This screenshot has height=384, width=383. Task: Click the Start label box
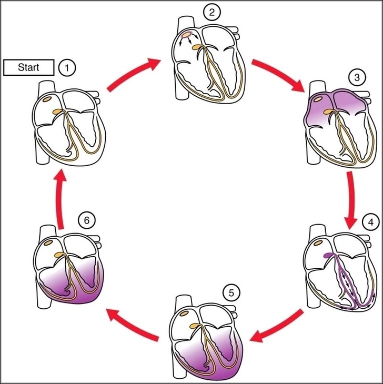pyautogui.click(x=28, y=67)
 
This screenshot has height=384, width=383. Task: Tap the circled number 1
pyautogui.click(x=67, y=67)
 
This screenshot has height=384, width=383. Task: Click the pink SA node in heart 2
pyautogui.click(x=188, y=37)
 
